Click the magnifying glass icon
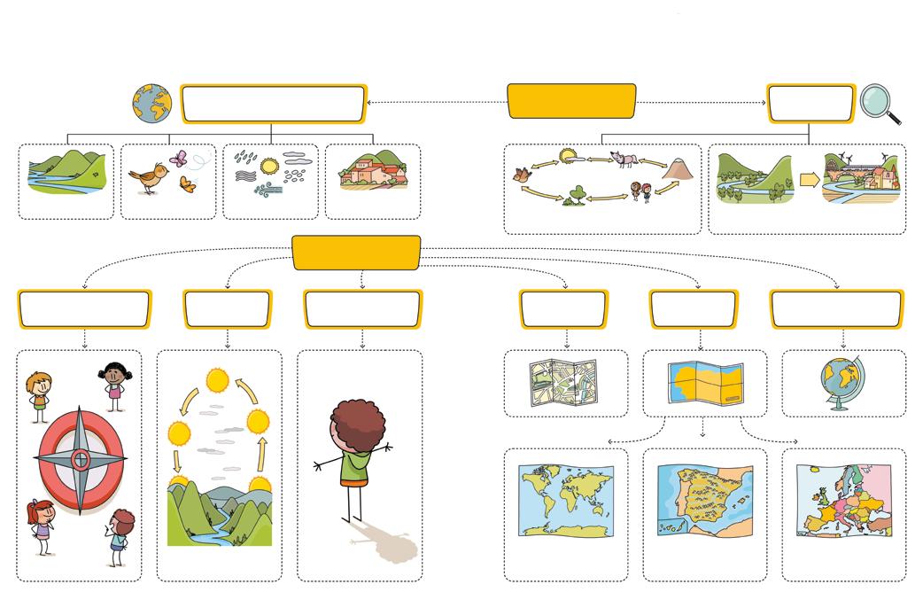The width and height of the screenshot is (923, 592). [x=879, y=103]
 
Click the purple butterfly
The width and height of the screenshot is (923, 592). [x=178, y=160]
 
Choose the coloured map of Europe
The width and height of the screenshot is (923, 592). [x=844, y=501]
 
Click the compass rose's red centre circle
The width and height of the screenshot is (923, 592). [x=80, y=459]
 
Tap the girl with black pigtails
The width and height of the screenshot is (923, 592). [x=113, y=383]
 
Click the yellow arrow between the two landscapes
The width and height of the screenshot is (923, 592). [x=809, y=180]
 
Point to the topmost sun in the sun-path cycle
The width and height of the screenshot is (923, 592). [x=217, y=381]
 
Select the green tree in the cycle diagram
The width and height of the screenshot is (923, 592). [x=578, y=193]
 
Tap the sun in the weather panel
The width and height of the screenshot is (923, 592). [x=269, y=165]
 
